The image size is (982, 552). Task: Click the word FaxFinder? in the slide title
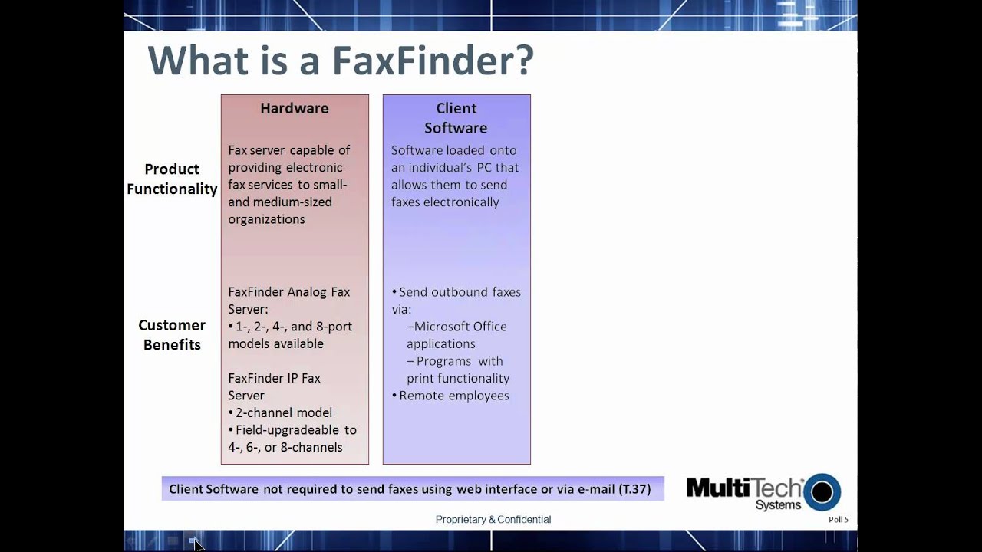pyautogui.click(x=432, y=61)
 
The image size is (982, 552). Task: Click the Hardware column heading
pyautogui.click(x=294, y=108)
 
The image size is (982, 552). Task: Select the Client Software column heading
pyautogui.click(x=456, y=118)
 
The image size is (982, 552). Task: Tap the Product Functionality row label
pyautogui.click(x=172, y=179)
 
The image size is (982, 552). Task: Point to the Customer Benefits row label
pyautogui.click(x=172, y=335)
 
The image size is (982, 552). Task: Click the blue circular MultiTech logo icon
pyautogui.click(x=822, y=492)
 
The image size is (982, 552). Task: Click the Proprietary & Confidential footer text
pyautogui.click(x=493, y=520)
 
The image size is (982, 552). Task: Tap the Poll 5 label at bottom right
pyautogui.click(x=838, y=520)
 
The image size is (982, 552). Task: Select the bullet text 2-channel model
pyautogui.click(x=283, y=412)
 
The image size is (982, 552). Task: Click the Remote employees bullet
pyautogui.click(x=453, y=396)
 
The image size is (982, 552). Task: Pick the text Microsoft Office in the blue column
pyautogui.click(x=460, y=327)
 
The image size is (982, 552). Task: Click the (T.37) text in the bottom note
pyautogui.click(x=634, y=489)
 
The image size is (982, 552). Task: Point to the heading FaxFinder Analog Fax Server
pyautogui.click(x=288, y=300)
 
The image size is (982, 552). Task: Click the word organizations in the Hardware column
pyautogui.click(x=266, y=219)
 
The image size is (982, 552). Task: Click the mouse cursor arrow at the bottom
pyautogui.click(x=198, y=544)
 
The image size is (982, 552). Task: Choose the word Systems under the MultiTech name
pyautogui.click(x=777, y=505)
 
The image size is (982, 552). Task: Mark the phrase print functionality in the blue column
pyautogui.click(x=457, y=378)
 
